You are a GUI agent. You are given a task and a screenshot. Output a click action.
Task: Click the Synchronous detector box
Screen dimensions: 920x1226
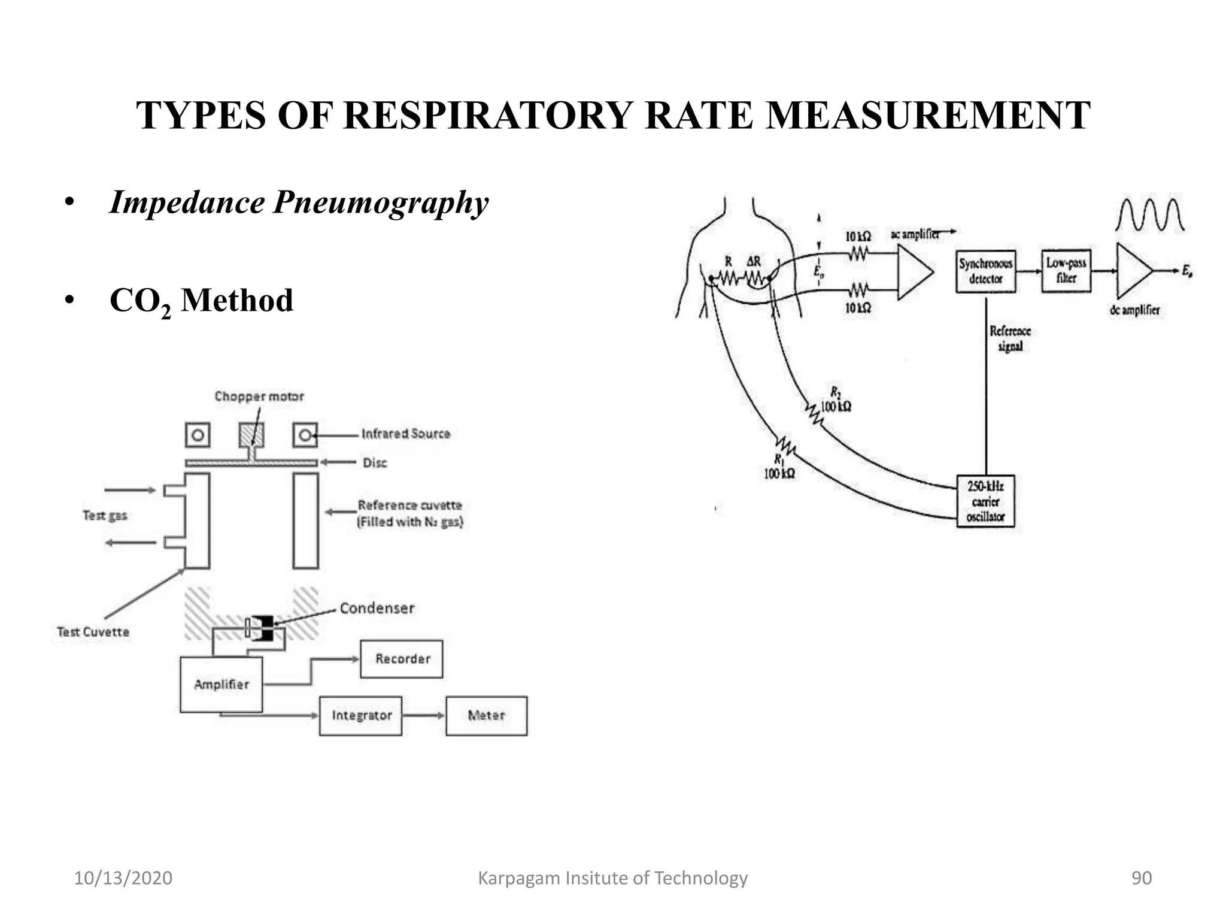pos(985,271)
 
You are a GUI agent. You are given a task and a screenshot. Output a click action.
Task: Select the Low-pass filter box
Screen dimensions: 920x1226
pos(1066,271)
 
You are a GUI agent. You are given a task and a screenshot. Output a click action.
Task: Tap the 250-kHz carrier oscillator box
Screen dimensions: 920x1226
pos(985,501)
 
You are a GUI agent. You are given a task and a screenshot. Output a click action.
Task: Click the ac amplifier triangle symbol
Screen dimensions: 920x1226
pos(913,272)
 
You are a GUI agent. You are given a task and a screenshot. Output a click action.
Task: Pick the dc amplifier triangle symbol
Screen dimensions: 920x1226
pos(1133,271)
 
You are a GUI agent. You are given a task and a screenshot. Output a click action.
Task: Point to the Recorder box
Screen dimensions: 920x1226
pos(402,659)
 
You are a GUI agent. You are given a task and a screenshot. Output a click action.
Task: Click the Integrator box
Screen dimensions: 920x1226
pos(361,716)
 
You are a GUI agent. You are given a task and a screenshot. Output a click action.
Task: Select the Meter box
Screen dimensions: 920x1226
pos(486,716)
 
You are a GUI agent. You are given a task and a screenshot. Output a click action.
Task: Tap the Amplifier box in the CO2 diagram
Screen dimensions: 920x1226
pos(221,685)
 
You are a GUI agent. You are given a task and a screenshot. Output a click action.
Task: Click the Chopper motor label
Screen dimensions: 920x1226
pos(259,397)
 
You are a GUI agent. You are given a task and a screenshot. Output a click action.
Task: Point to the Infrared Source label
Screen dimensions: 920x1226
pos(406,434)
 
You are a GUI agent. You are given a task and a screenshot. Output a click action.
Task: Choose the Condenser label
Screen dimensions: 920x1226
pos(377,609)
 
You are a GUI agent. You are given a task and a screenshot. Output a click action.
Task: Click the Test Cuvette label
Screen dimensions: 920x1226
pos(93,632)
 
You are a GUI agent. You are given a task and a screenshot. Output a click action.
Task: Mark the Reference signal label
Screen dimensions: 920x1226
pos(1010,338)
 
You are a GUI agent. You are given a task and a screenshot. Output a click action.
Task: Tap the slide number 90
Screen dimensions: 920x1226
pos(1141,878)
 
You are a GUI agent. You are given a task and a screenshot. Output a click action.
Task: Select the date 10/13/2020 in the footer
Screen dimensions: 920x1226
pos(123,878)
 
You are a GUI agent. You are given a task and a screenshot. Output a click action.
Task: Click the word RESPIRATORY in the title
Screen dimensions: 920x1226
pos(488,115)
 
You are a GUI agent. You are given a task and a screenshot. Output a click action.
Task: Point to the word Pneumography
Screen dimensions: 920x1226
pos(381,202)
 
